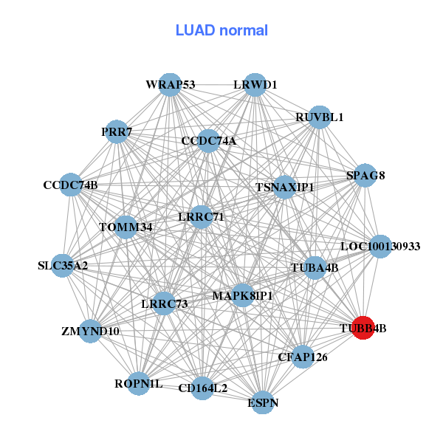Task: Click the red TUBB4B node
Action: tap(362, 327)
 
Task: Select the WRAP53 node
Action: tap(170, 85)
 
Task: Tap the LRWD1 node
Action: tap(255, 85)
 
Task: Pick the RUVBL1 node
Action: tap(319, 117)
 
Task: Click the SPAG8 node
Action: tap(366, 176)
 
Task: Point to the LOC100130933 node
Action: tap(380, 246)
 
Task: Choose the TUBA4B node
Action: tap(315, 268)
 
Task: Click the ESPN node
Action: tap(263, 402)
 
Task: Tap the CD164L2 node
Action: tap(203, 388)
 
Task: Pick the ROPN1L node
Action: tap(138, 383)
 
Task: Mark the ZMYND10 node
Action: tap(90, 331)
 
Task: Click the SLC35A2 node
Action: tap(63, 265)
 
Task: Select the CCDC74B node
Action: tap(70, 185)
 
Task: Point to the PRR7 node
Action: tap(117, 132)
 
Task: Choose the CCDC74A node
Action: tap(209, 140)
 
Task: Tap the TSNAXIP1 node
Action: tap(285, 188)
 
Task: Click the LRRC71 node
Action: tap(201, 217)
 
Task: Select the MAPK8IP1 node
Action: tap(243, 295)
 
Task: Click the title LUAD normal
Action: tap(221, 30)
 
